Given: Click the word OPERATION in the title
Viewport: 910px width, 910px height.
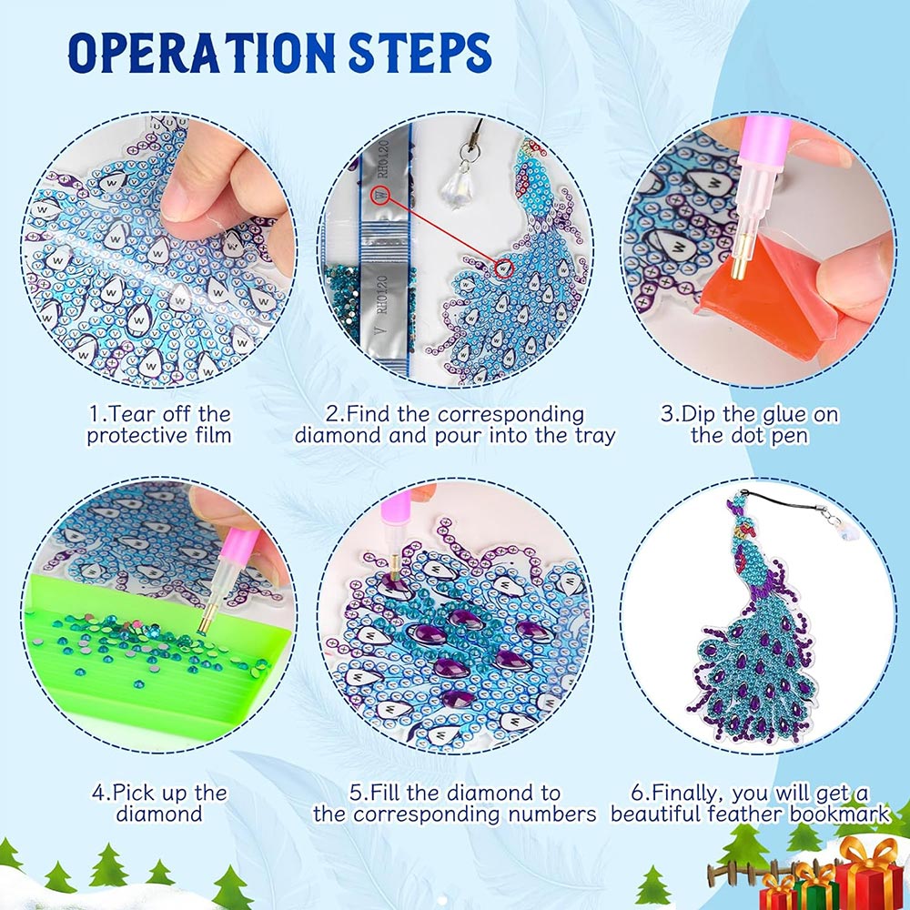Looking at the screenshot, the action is coord(201,53).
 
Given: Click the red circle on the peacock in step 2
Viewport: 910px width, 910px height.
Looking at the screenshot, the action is coord(504,268).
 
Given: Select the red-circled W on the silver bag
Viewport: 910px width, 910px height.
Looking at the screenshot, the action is coord(380,196).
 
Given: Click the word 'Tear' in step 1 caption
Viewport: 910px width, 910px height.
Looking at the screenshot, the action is coord(131,414).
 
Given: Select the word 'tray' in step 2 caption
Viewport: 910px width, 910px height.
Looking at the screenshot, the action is coord(595,436).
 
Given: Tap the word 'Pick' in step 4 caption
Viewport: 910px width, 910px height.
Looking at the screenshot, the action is coord(133,793).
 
